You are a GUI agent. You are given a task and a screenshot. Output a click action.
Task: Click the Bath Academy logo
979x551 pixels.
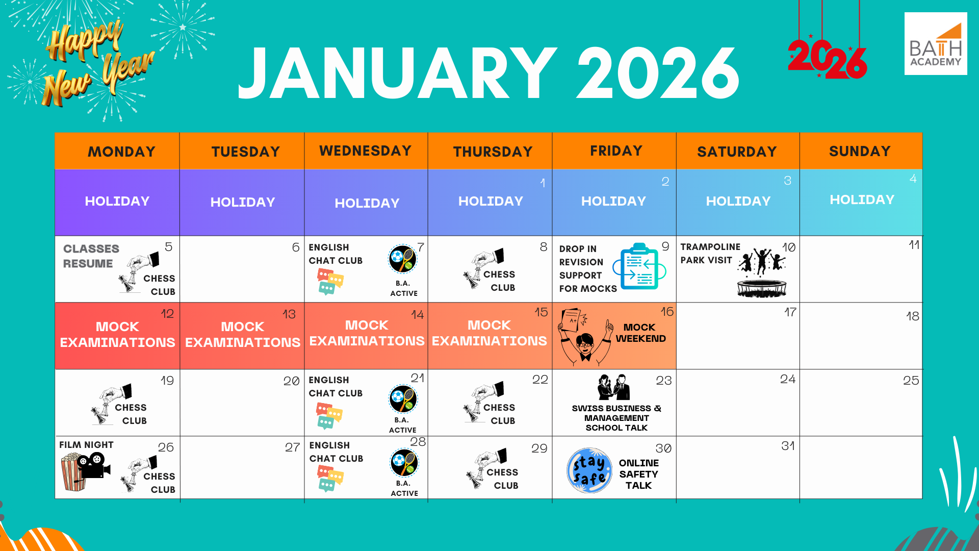pyautogui.click(x=936, y=44)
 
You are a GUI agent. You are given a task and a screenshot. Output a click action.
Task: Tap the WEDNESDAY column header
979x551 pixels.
pyautogui.click(x=366, y=151)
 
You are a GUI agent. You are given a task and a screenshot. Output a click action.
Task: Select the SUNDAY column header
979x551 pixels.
pyautogui.click(x=860, y=151)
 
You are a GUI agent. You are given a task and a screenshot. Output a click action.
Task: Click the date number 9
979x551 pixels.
pyautogui.click(x=665, y=246)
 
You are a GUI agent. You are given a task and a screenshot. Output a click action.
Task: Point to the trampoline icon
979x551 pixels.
pyautogui.click(x=762, y=288)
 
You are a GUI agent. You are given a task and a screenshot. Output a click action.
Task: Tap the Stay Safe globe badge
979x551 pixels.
pyautogui.click(x=589, y=470)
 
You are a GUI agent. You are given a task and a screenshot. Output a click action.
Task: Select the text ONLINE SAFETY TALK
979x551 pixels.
pyautogui.click(x=639, y=474)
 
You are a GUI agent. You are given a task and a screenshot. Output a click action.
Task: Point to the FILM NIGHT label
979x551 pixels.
pyautogui.click(x=86, y=445)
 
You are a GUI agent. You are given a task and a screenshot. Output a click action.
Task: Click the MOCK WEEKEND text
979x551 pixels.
pyautogui.click(x=640, y=333)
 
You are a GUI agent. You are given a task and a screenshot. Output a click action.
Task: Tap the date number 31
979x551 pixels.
pyautogui.click(x=788, y=446)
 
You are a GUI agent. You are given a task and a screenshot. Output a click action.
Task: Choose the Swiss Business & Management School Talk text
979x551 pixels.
pyautogui.click(x=616, y=418)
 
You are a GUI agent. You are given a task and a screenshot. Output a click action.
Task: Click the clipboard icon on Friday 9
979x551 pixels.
pyautogui.click(x=639, y=266)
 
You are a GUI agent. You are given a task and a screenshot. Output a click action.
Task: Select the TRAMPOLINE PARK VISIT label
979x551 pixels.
pyautogui.click(x=710, y=254)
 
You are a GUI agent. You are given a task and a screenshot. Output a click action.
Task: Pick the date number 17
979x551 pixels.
pyautogui.click(x=790, y=312)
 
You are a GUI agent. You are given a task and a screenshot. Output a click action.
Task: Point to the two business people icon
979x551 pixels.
pyautogui.click(x=614, y=387)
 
